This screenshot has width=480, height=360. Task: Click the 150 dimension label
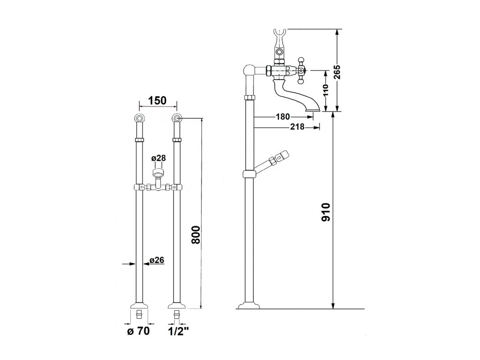click(x=158, y=100)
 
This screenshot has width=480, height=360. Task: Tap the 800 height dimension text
click(x=196, y=235)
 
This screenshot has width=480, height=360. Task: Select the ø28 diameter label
click(x=158, y=158)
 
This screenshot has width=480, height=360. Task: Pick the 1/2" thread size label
click(x=179, y=331)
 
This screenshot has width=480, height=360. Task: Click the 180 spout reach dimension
click(x=283, y=117)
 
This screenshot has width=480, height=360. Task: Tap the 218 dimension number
click(x=297, y=127)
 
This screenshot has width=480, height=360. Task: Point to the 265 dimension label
click(x=337, y=72)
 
